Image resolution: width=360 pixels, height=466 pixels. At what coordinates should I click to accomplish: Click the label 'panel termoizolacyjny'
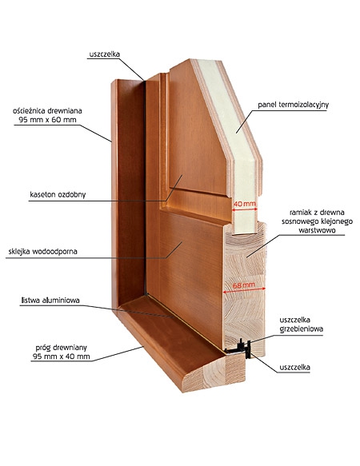point(293,105)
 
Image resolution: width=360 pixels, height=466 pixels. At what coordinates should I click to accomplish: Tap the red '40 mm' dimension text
point(245,204)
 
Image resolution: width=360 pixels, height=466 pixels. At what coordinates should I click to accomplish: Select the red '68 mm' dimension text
point(244,285)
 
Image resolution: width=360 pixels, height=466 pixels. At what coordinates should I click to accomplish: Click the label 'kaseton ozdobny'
point(58,195)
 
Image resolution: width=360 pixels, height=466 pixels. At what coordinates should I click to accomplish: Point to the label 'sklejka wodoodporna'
point(43,252)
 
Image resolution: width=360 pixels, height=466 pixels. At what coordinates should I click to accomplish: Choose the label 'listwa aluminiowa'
point(50,301)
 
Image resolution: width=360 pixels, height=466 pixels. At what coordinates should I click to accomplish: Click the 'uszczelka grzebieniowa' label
point(301,325)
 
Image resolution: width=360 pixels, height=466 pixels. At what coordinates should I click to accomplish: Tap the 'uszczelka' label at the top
point(105,54)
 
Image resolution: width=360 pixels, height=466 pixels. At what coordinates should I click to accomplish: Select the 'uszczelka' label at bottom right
point(294,368)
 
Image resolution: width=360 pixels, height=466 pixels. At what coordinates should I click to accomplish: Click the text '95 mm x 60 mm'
point(48,120)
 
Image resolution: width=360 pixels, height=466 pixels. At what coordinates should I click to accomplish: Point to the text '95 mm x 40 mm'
point(62,356)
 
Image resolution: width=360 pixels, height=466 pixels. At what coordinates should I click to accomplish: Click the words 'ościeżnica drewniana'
point(47,111)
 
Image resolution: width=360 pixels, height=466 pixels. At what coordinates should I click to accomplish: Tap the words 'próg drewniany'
point(62,348)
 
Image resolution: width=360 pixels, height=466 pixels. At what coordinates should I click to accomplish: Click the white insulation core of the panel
point(238,142)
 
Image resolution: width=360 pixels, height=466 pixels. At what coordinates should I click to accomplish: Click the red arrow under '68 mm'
point(244,291)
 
